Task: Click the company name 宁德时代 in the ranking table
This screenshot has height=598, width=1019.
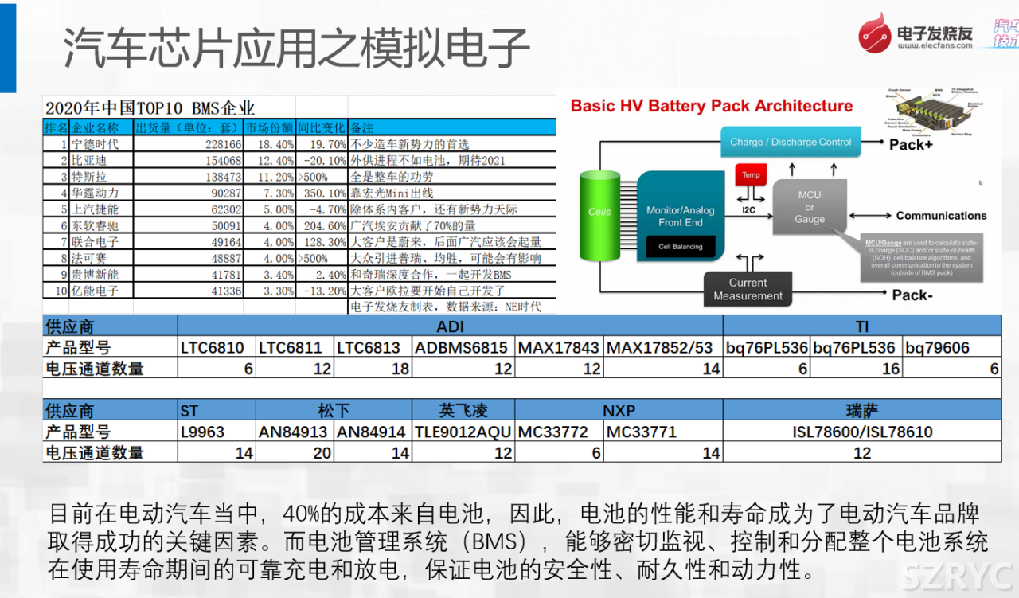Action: coord(95,144)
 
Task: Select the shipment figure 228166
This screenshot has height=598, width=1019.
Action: coord(211,144)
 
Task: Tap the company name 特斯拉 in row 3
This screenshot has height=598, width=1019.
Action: coord(89,177)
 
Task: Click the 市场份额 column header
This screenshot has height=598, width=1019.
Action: coord(269,127)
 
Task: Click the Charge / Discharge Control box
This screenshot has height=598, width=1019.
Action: coord(790,143)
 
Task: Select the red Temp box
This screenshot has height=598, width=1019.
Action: coord(751,175)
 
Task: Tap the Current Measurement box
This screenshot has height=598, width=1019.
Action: coord(748,289)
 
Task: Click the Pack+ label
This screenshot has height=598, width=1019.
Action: coord(911,144)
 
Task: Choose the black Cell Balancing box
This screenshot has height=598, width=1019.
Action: coord(680,247)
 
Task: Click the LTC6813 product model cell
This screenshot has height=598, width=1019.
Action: coord(373,347)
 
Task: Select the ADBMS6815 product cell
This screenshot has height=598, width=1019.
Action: coord(463,347)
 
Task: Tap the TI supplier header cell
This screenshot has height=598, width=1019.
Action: coord(861,326)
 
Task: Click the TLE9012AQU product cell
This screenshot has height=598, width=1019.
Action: coord(463,432)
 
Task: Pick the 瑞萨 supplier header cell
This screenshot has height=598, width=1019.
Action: coord(861,411)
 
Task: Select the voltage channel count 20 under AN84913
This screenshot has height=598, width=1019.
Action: coord(295,453)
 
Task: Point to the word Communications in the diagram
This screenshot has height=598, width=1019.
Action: coord(941,216)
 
